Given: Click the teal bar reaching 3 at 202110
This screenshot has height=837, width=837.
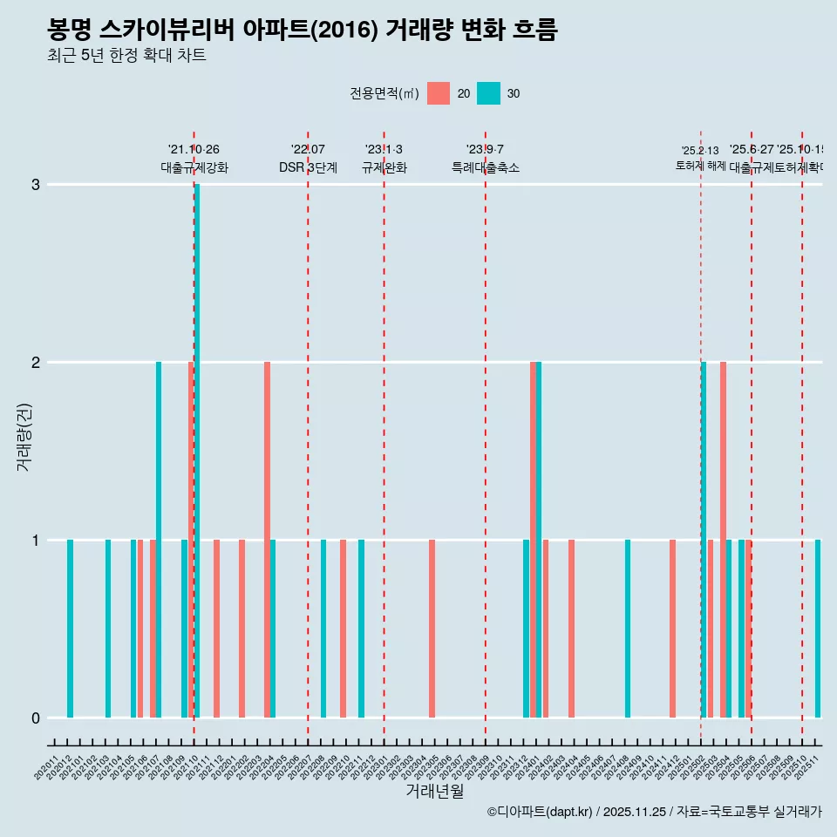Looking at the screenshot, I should tap(197, 451).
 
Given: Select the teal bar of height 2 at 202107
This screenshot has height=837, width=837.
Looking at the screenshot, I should tap(159, 540).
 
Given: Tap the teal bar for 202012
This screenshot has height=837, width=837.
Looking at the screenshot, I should tap(70, 629).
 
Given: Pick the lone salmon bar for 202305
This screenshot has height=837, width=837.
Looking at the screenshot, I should tap(432, 629).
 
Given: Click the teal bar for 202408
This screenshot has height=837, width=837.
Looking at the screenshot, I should tap(628, 629).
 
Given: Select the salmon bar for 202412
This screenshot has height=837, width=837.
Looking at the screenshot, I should tap(672, 629).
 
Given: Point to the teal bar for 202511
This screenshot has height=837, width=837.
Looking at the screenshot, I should tap(818, 629).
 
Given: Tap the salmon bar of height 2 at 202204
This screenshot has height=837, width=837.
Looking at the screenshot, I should tap(267, 540).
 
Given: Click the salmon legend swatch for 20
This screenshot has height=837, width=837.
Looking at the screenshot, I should tap(439, 93).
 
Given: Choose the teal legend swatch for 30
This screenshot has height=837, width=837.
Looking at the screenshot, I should tap(488, 93).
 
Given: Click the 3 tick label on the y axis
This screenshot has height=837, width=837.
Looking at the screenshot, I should tap(36, 184).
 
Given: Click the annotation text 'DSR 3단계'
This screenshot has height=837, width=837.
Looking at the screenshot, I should tap(308, 167).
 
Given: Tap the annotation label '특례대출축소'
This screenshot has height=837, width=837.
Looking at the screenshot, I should tap(486, 167).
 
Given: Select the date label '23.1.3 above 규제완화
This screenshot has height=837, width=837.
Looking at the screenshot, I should tap(384, 150).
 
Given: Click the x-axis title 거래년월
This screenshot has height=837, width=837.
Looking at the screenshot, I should tap(434, 791).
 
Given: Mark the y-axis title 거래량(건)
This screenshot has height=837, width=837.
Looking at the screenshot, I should tap(24, 436).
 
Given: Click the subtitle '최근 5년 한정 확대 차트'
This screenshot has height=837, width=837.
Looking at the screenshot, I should tap(126, 56).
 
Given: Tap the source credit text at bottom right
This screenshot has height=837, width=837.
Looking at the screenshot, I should tap(654, 812).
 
